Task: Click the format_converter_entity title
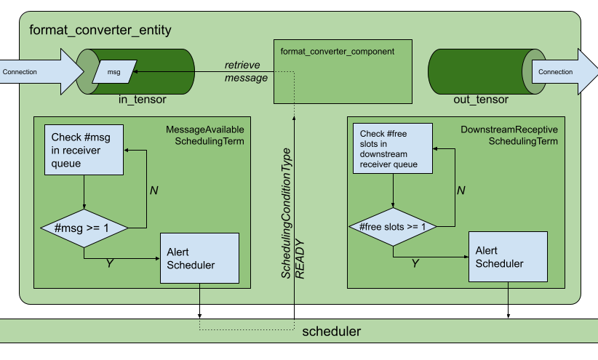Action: point(100,31)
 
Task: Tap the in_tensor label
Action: point(142,100)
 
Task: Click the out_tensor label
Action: point(481,100)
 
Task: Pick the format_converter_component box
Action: point(337,71)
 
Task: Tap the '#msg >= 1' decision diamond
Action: point(84,227)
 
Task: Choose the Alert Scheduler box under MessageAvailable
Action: point(199,258)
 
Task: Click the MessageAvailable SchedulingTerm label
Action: point(206,135)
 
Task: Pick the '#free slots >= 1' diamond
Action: point(393,227)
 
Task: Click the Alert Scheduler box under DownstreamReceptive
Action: point(508,257)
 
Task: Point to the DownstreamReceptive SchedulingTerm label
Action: point(509,135)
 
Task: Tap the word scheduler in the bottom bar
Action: point(331,331)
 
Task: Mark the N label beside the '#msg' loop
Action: point(154,191)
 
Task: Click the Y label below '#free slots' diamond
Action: point(415,263)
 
